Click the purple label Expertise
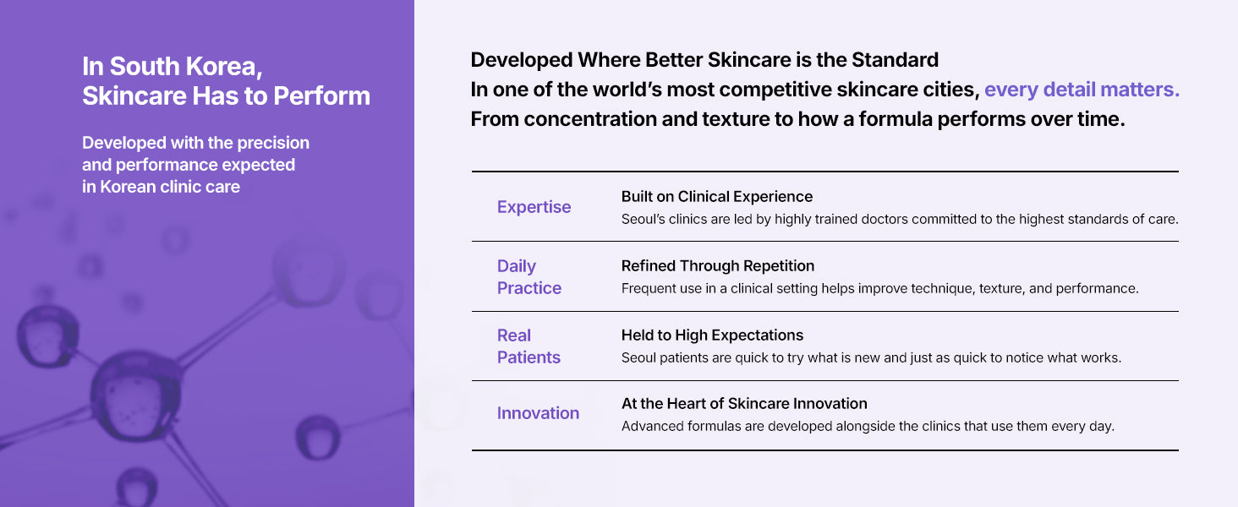pyautogui.click(x=534, y=207)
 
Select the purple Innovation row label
pyautogui.click(x=538, y=413)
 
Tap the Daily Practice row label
pyautogui.click(x=529, y=277)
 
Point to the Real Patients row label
pyautogui.click(x=529, y=346)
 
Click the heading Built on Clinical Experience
pyautogui.click(x=717, y=197)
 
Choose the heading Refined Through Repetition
pyautogui.click(x=717, y=265)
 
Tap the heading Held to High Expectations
pyautogui.click(x=712, y=335)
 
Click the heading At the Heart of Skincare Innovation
pyautogui.click(x=744, y=404)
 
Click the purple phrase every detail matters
pyautogui.click(x=1082, y=90)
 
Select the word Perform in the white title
pyautogui.click(x=321, y=95)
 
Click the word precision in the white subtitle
pyautogui.click(x=273, y=143)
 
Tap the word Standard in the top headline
pyautogui.click(x=895, y=60)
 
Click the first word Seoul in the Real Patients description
pyautogui.click(x=638, y=358)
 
